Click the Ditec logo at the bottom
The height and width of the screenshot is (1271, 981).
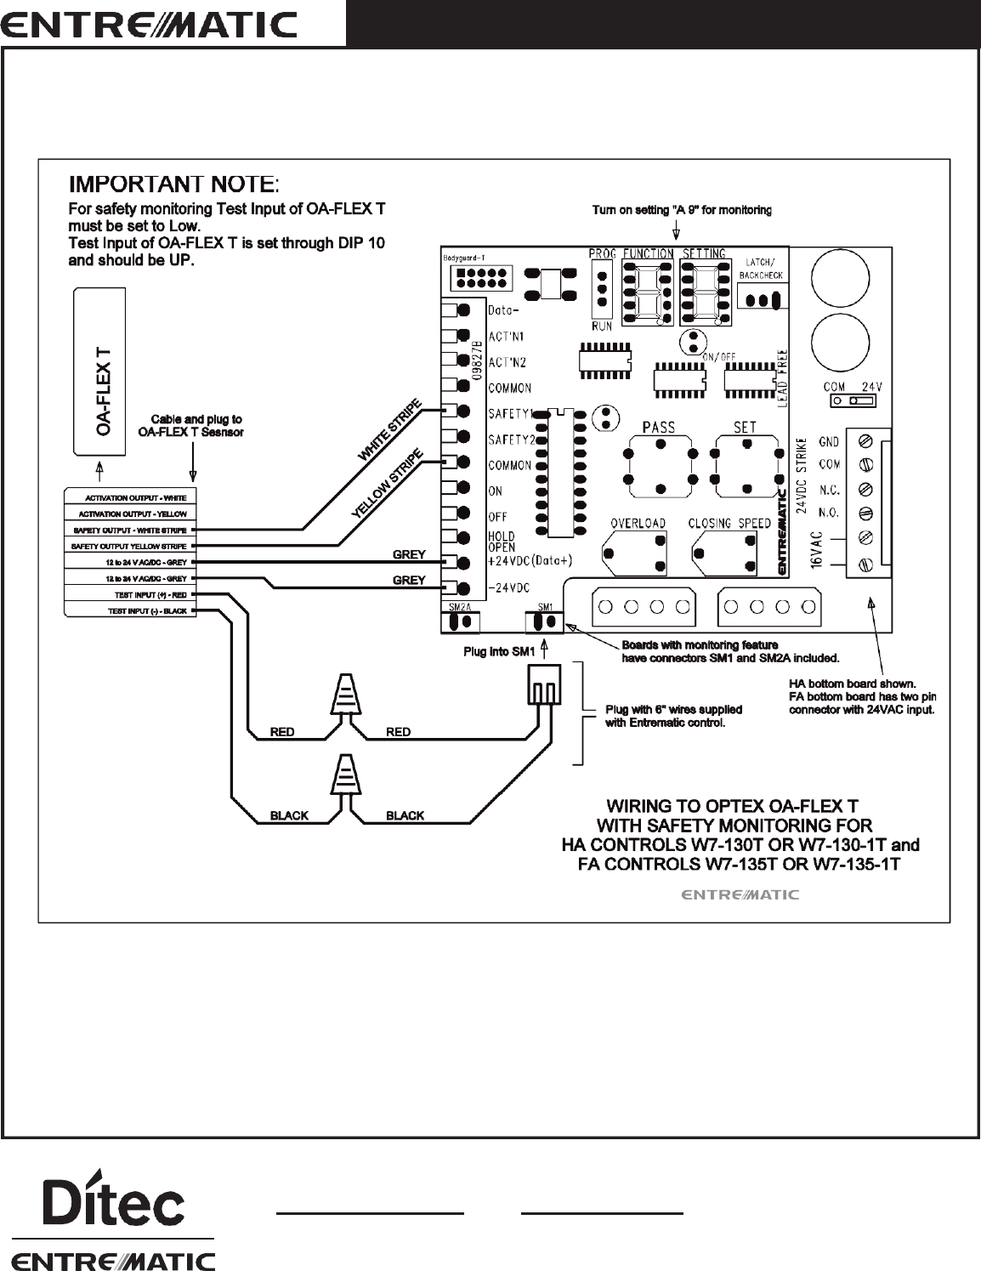114,1201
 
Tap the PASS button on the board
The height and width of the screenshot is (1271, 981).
659,466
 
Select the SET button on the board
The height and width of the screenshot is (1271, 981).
746,466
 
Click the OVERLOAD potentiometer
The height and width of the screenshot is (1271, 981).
635,555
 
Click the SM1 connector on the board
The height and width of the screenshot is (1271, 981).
545,622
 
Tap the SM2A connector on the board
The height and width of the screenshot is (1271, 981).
460,622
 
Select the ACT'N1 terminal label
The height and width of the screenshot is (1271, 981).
507,337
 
